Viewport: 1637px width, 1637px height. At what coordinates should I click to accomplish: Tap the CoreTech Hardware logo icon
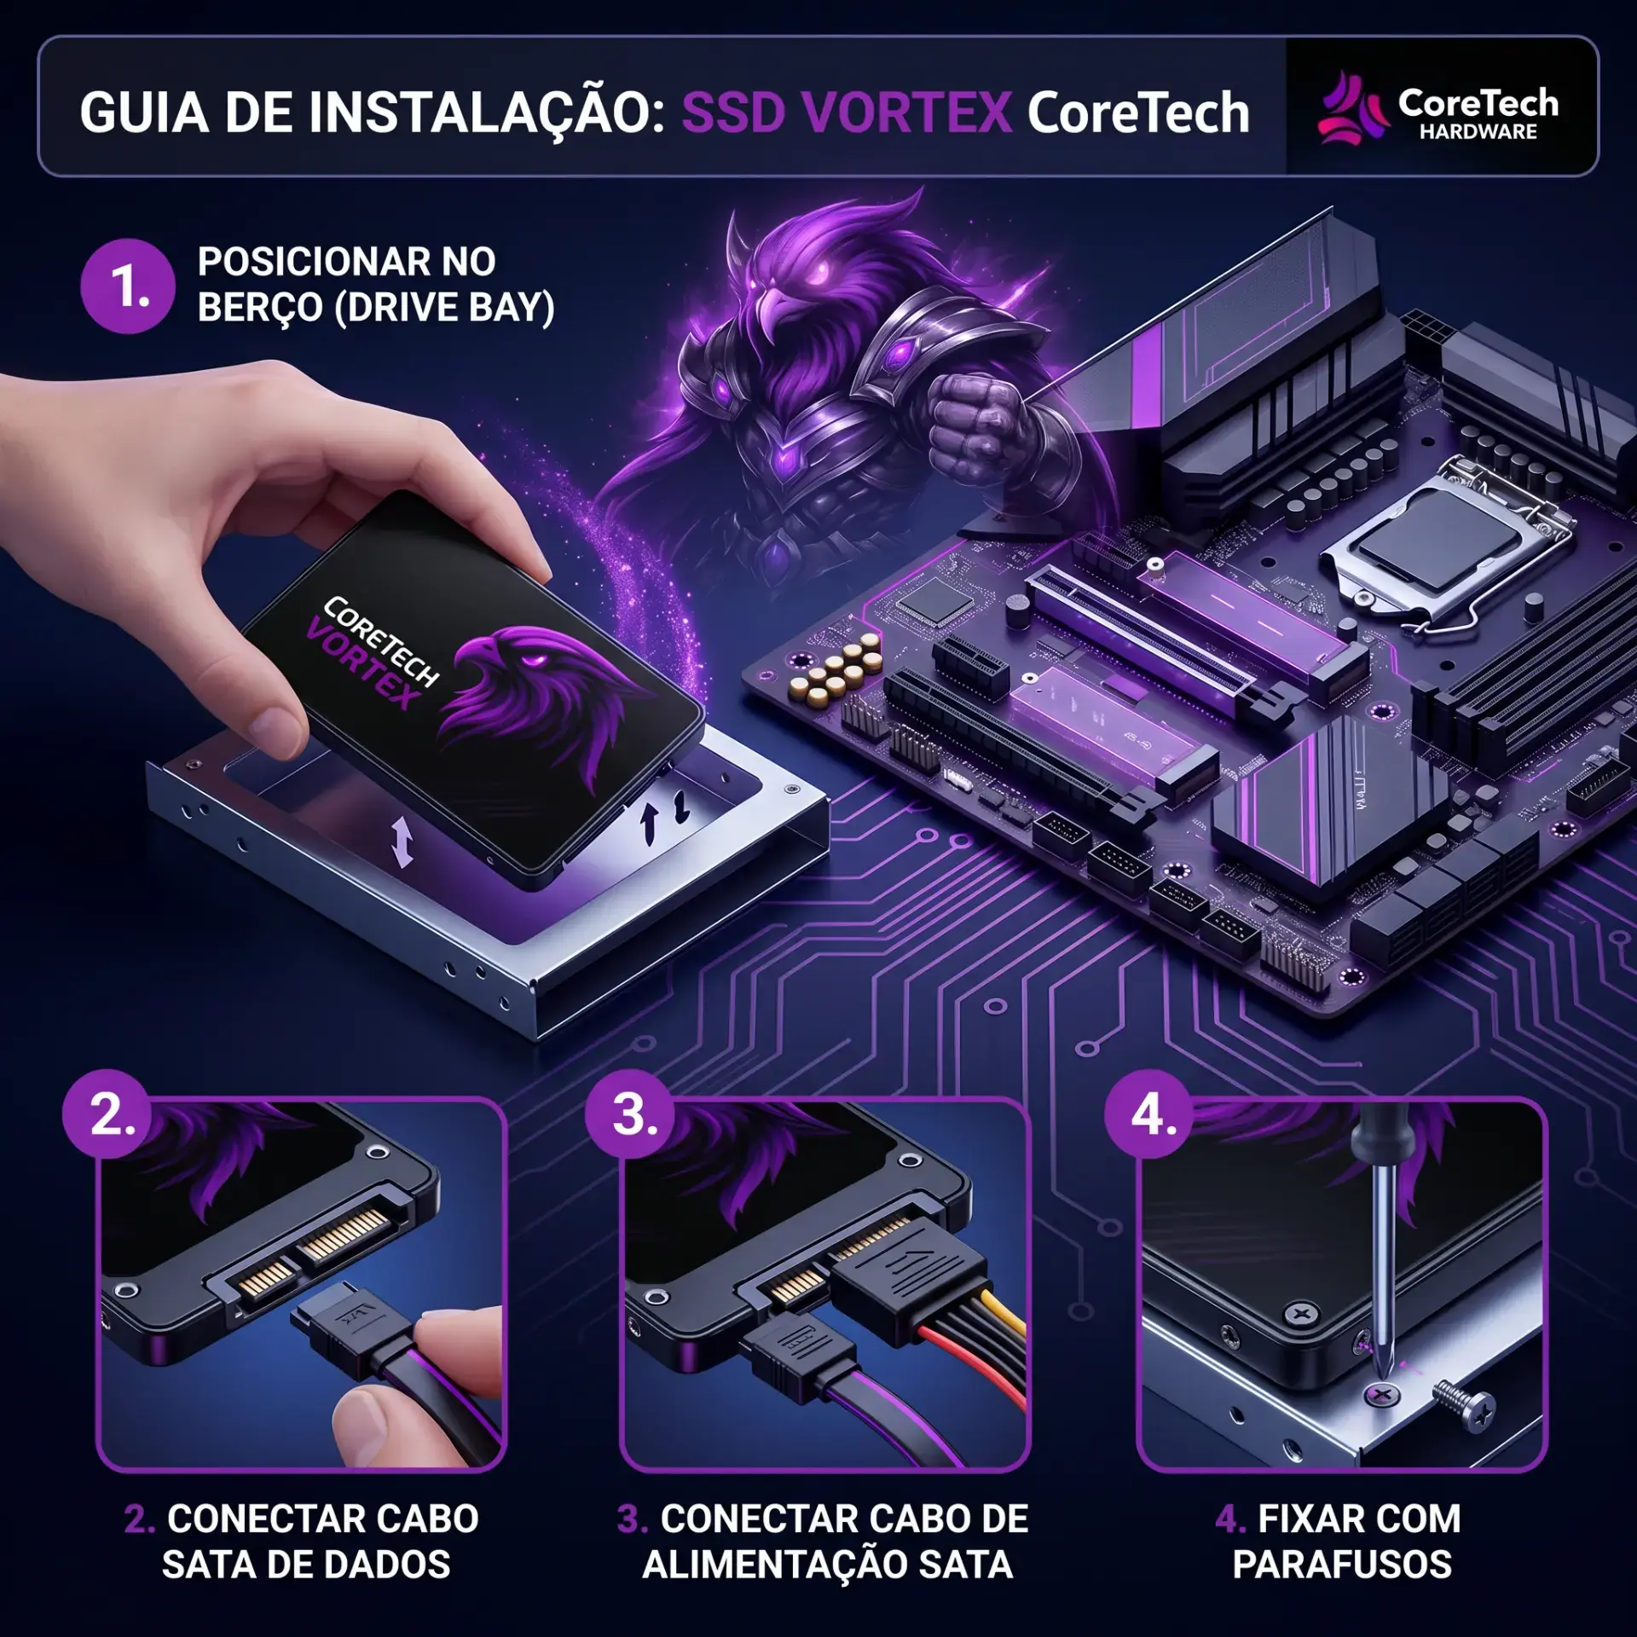pos(1351,108)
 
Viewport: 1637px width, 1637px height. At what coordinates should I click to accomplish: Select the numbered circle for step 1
pos(128,286)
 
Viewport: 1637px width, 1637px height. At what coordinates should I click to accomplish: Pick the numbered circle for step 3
pos(632,1114)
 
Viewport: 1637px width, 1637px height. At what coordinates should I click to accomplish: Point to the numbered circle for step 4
pos(1152,1114)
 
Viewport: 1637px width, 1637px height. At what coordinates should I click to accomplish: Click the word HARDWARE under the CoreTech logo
pos(1478,132)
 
